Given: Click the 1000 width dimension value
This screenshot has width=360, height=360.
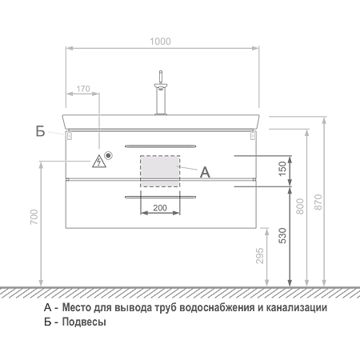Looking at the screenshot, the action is pyautogui.click(x=160, y=42).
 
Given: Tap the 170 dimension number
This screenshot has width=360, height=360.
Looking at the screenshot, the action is pyautogui.click(x=83, y=89).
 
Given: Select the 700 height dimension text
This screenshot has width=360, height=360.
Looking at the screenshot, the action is pyautogui.click(x=34, y=217).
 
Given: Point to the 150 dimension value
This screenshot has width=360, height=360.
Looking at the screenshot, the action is pyautogui.click(x=282, y=169).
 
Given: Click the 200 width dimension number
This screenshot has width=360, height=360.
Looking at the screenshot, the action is pyautogui.click(x=160, y=208).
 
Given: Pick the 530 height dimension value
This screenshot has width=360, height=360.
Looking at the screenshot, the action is pyautogui.click(x=282, y=236).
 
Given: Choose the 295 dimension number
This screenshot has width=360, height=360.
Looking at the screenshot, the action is pyautogui.click(x=260, y=256).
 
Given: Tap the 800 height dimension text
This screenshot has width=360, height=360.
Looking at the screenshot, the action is pyautogui.click(x=300, y=206).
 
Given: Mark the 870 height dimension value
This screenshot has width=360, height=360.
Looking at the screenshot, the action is pyautogui.click(x=318, y=202).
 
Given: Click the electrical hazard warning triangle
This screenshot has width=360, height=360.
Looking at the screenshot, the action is pyautogui.click(x=99, y=162).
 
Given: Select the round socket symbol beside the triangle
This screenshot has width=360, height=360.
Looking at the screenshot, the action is pyautogui.click(x=108, y=155).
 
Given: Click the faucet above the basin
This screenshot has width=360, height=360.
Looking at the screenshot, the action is pyautogui.click(x=161, y=93).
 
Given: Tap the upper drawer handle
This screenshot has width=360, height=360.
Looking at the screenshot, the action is pyautogui.click(x=160, y=146).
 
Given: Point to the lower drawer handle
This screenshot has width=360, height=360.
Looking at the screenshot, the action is pyautogui.click(x=160, y=198).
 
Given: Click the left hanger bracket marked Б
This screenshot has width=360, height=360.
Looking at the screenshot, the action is pyautogui.click(x=69, y=136).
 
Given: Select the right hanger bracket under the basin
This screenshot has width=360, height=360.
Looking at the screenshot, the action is pyautogui.click(x=253, y=136).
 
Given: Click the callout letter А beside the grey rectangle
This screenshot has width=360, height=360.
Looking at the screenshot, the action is pyautogui.click(x=205, y=172).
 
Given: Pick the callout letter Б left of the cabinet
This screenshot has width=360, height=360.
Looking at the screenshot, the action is pyautogui.click(x=40, y=131).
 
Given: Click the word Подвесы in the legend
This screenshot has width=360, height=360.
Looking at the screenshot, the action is pyautogui.click(x=84, y=322).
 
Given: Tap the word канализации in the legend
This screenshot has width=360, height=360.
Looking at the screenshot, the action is pyautogui.click(x=297, y=308).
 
